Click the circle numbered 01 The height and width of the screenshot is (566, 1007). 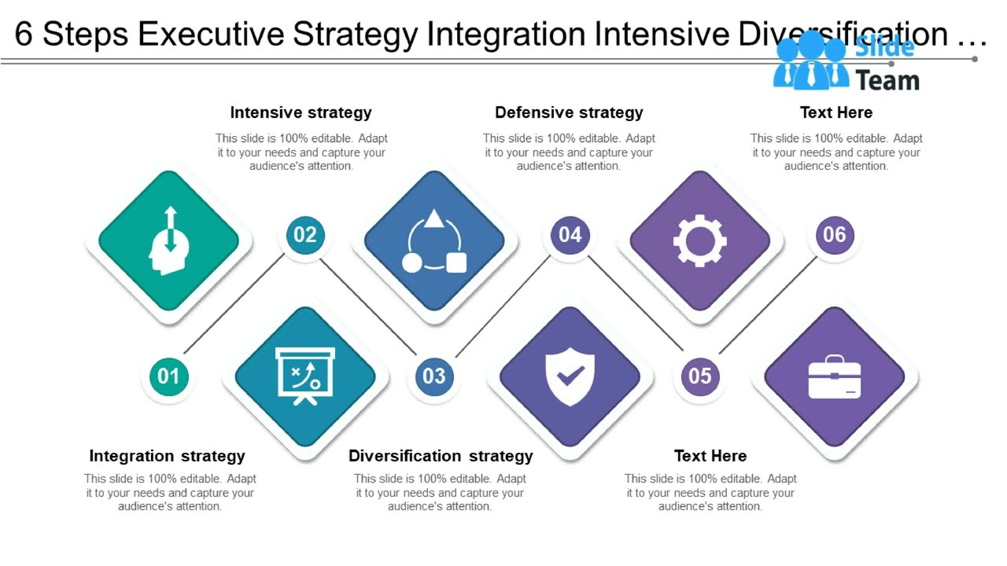coord(168,377)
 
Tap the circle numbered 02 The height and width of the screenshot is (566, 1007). coord(305,234)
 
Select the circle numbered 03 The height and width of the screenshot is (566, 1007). coord(434,377)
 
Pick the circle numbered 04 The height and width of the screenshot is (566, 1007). coord(570,234)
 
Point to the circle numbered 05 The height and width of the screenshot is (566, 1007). coord(699,377)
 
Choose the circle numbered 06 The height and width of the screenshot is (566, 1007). coord(835,234)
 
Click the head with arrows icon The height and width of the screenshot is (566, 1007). coord(168,241)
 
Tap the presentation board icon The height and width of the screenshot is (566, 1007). coord(305,377)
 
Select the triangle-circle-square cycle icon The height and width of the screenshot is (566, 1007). coord(434,243)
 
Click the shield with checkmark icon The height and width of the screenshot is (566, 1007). coord(570,377)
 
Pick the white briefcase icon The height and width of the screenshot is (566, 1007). coord(835,377)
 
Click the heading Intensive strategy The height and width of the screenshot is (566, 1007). coord(301,112)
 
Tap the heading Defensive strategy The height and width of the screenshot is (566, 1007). coord(569,112)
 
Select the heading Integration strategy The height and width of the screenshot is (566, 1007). coord(167,456)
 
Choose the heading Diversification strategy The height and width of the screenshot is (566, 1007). coord(441,456)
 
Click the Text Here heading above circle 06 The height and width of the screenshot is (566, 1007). coord(836,112)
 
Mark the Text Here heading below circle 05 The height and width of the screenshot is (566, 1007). coord(710,456)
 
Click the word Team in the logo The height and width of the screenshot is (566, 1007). coord(887,80)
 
